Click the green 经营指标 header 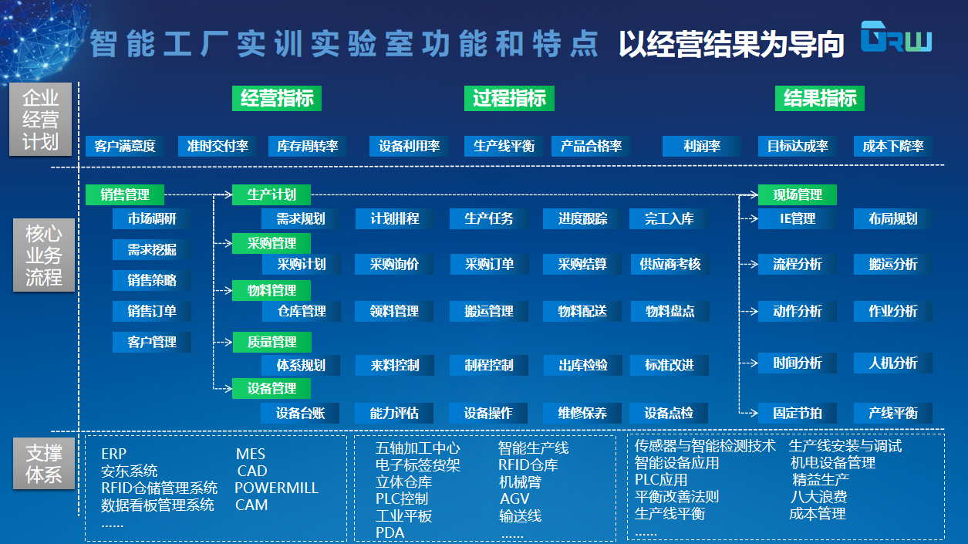[x=277, y=98]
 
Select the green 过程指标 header [x=509, y=98]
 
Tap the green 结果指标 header [x=820, y=98]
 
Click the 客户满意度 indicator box [x=124, y=146]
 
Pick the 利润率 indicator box [x=701, y=146]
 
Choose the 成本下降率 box [x=893, y=146]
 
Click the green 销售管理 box [x=125, y=194]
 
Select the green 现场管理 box [x=798, y=194]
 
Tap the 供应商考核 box [x=670, y=264]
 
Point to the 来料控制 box [x=395, y=366]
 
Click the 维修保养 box [x=582, y=413]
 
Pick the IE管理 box [x=798, y=219]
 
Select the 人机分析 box [x=893, y=363]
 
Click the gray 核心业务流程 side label [x=44, y=255]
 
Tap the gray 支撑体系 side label [x=44, y=464]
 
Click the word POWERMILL [x=276, y=488]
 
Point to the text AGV [x=514, y=498]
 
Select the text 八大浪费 [x=818, y=496]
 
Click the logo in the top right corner [x=896, y=37]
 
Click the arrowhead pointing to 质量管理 [x=229, y=342]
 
